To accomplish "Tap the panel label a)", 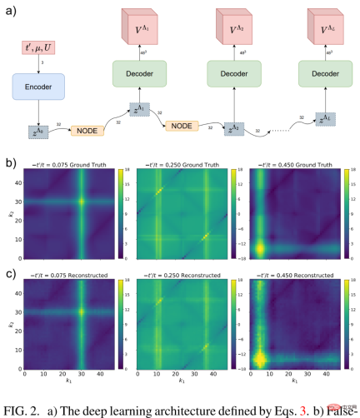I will pos(10,10).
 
